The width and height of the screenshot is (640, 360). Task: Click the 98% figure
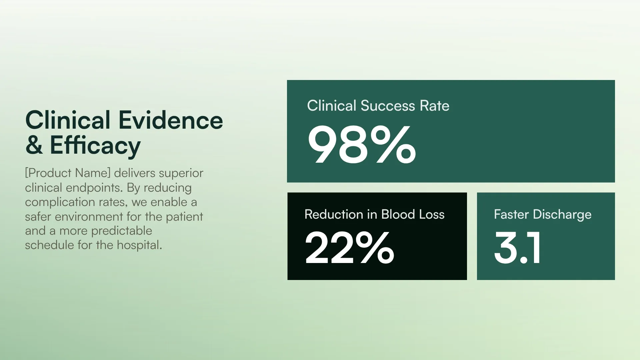(362, 145)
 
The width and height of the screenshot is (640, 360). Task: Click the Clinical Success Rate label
(378, 106)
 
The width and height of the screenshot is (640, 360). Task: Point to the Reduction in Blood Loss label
(374, 214)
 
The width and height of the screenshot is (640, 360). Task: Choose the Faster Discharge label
(543, 214)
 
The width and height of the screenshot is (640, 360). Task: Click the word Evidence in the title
(171, 120)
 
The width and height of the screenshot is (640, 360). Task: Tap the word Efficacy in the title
(95, 145)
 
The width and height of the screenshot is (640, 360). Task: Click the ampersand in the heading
(34, 145)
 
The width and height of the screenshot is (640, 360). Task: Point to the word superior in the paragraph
(181, 173)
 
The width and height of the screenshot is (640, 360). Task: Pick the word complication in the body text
(56, 202)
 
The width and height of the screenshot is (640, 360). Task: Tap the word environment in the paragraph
(89, 217)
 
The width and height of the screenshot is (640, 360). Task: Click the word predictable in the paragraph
(122, 231)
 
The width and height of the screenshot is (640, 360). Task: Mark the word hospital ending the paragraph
(139, 245)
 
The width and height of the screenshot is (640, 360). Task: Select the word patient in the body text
(184, 217)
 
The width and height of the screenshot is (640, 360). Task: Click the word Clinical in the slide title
(68, 120)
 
